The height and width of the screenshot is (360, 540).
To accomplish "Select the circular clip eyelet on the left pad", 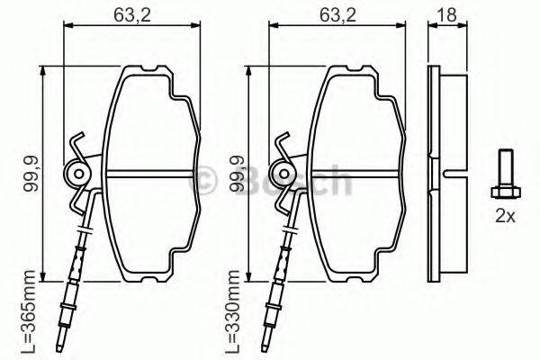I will tap(79, 173).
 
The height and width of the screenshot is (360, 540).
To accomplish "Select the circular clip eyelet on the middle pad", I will tap(285, 173).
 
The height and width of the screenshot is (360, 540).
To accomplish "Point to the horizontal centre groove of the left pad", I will tap(148, 175).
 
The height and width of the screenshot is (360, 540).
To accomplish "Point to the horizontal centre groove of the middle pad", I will tap(355, 175).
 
